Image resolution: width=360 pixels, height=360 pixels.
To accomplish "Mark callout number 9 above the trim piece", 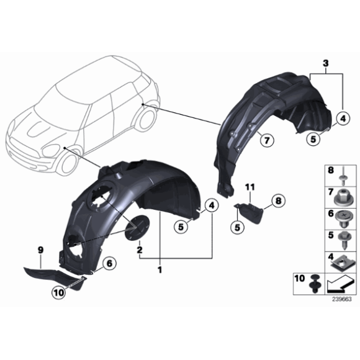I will tap(40, 250).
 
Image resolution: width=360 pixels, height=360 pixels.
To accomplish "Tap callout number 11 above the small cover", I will tap(250, 187).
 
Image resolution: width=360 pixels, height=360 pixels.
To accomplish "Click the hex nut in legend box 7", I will tap(342, 198).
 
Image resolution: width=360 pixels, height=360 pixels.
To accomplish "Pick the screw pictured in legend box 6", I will tap(342, 218).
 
